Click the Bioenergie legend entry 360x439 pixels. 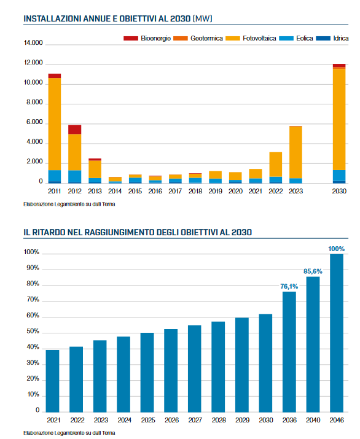click(147, 38)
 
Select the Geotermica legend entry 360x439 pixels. click(198, 38)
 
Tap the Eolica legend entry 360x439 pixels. click(296, 38)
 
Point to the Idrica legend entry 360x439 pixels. click(332, 38)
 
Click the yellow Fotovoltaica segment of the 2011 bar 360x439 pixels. click(54, 124)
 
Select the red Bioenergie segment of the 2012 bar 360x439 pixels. click(74, 130)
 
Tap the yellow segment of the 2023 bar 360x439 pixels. click(295, 152)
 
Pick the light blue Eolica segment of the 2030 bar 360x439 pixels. click(339, 176)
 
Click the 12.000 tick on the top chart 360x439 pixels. click(33, 63)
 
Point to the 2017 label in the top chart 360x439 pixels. click(175, 191)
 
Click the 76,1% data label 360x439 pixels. click(289, 286)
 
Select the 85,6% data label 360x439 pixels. click(313, 271)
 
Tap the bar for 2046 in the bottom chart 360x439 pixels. click(337, 333)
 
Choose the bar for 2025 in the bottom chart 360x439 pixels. click(147, 373)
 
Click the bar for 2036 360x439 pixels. click(289, 352)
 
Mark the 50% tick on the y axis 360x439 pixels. click(33, 331)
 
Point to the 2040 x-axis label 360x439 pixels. click(313, 420)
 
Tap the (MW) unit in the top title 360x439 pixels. click(203, 19)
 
